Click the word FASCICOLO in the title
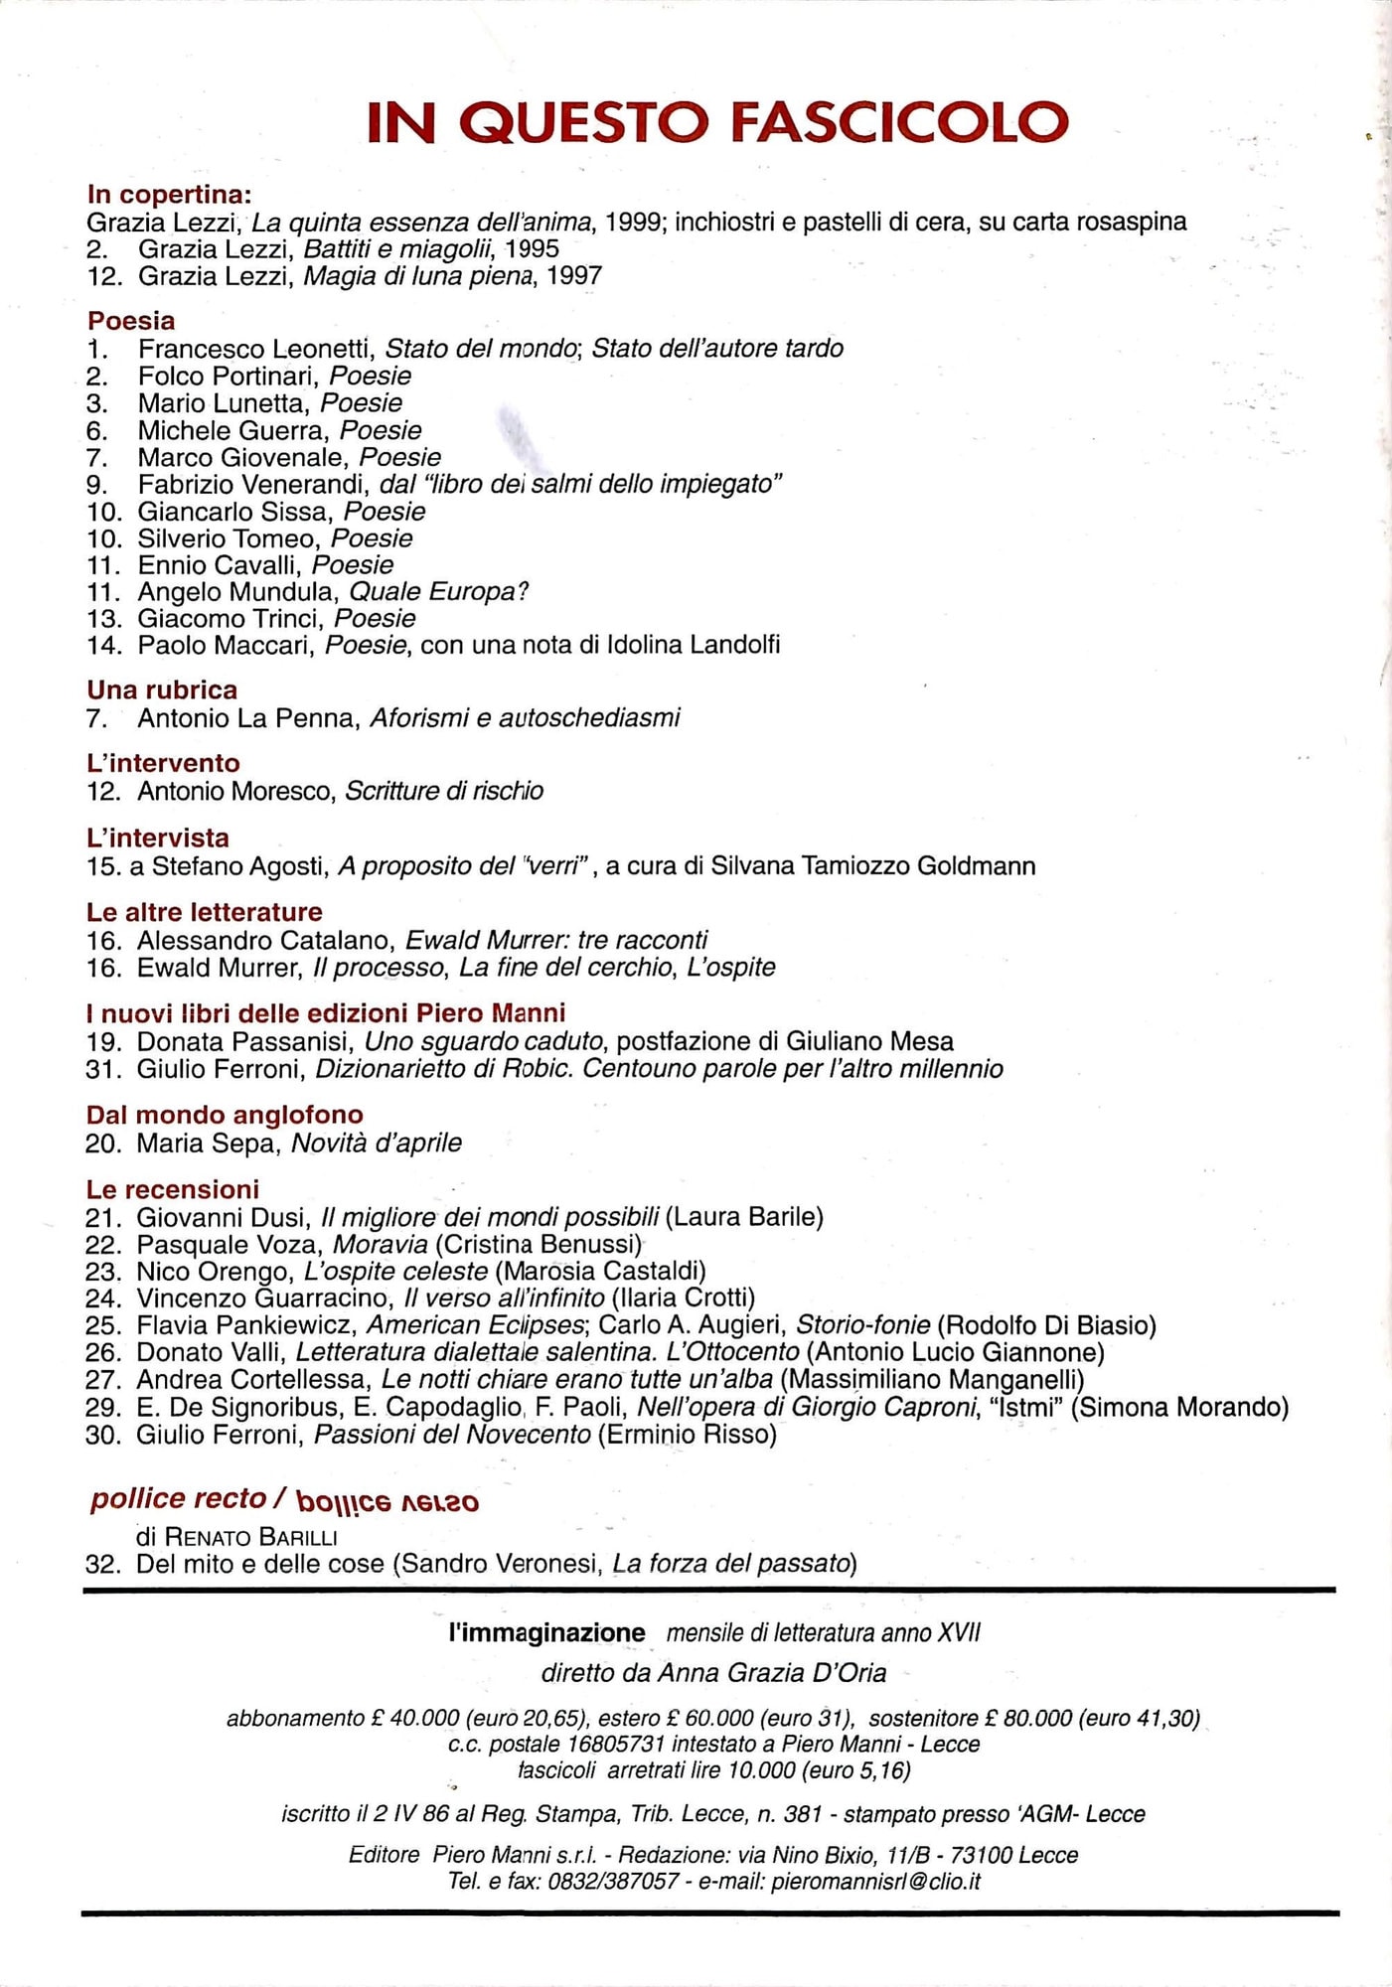click(899, 122)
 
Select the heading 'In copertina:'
click(169, 194)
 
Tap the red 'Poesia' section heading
click(131, 321)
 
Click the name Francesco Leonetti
click(255, 349)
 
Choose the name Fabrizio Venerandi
click(252, 485)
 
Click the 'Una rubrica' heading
click(162, 689)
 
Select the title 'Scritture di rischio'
click(443, 791)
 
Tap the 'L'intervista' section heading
click(158, 838)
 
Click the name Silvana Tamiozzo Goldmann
click(872, 866)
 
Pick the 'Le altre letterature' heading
click(205, 912)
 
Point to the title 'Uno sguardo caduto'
click(483, 1042)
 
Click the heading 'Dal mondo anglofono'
click(225, 1115)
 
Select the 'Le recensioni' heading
click(173, 1189)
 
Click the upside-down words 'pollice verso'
click(387, 1501)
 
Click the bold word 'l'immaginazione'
click(546, 1632)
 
